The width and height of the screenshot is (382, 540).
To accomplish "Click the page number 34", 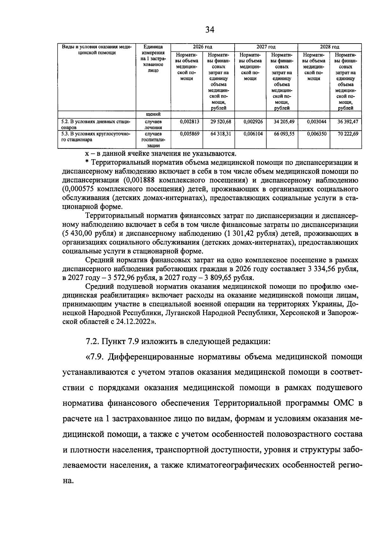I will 210,30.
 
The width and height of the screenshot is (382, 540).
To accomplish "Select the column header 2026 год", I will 202,47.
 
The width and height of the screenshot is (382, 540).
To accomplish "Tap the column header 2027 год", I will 266,47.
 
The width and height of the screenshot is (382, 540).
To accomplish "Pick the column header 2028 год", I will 329,47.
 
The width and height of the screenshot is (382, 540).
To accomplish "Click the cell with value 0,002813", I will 189,121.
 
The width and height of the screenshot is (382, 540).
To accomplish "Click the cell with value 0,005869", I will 189,134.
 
